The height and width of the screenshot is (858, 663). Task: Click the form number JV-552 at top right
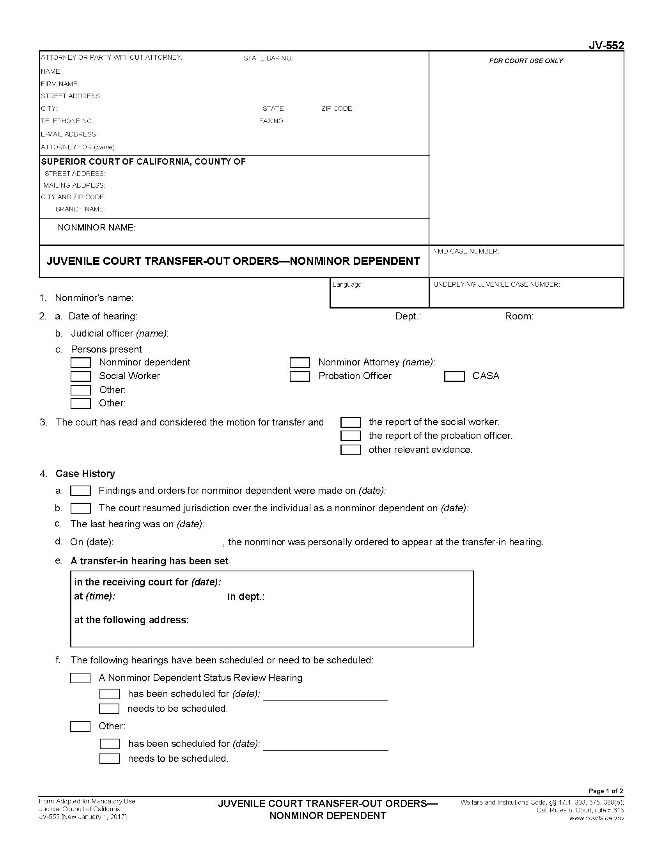606,46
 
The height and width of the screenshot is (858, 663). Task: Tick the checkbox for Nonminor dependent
80,363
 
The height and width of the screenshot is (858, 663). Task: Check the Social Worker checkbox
80,376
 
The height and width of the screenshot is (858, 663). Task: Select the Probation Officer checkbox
300,376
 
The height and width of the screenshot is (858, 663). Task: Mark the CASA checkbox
454,376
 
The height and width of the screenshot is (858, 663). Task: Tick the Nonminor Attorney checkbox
300,363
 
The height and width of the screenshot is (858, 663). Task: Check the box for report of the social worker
350,422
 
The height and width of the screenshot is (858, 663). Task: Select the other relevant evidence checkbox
350,450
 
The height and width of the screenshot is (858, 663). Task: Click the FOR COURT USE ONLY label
526,61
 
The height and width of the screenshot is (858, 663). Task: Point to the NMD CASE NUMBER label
466,252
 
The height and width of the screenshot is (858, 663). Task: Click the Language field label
347,284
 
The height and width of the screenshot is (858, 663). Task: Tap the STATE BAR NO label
268,58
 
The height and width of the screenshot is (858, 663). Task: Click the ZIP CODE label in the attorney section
337,109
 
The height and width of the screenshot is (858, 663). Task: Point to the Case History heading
85,474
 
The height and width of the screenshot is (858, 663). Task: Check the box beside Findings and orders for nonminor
80,491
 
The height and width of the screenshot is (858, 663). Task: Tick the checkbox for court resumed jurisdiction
80,508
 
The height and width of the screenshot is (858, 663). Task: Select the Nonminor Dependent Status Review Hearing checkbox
80,678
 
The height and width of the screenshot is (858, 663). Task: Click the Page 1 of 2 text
606,791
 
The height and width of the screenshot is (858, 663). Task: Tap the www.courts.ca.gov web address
596,818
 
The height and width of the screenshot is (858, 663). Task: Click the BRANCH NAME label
80,209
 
